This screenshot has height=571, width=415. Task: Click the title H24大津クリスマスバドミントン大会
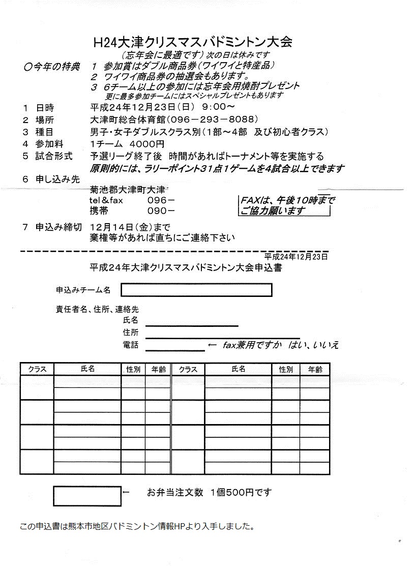tap(193, 42)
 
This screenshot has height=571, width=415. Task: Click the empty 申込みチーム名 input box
tap(196, 290)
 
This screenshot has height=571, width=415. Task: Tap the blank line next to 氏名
tap(192, 323)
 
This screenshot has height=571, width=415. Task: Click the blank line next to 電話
tap(175, 348)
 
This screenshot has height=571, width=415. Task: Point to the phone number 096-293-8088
tap(210, 119)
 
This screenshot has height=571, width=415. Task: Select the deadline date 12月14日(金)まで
tap(130, 227)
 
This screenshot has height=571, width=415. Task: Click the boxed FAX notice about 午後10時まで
tap(287, 205)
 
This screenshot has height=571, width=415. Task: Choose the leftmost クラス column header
tap(37, 370)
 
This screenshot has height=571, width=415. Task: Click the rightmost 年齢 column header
tap(315, 370)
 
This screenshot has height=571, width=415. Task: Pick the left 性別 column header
tap(133, 370)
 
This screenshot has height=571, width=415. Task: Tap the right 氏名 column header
tap(238, 370)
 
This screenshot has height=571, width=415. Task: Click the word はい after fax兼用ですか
tap(295, 345)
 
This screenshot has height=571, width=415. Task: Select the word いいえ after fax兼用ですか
tap(326, 345)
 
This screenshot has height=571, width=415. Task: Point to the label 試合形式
tap(54, 156)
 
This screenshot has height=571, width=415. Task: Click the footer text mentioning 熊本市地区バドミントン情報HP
tap(137, 526)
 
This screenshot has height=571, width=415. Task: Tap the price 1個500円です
tap(241, 492)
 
